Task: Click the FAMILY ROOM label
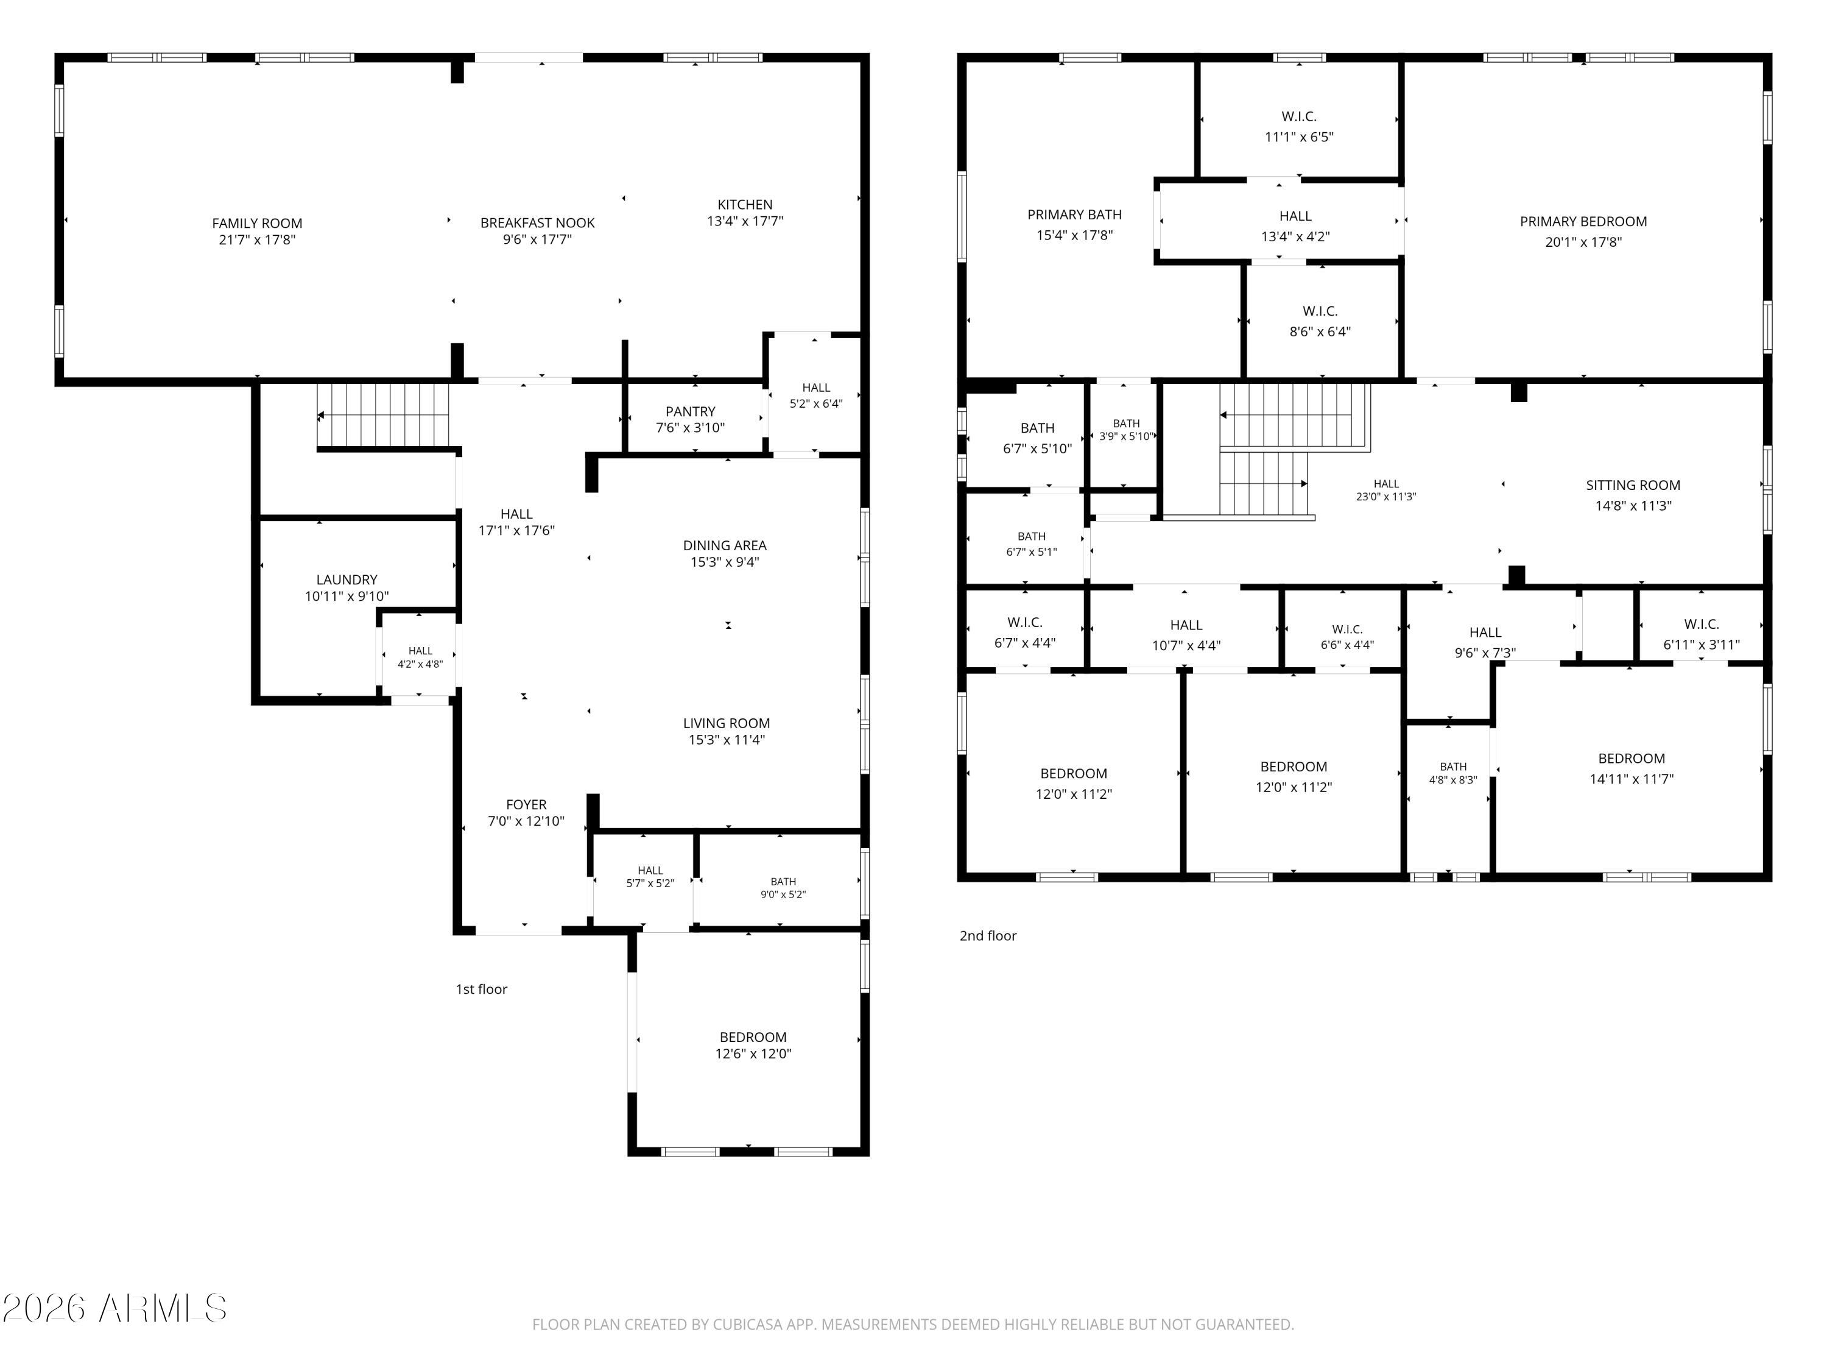coord(257,223)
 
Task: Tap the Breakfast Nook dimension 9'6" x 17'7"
coord(537,239)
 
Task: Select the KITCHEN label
coord(745,204)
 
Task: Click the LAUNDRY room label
coord(347,580)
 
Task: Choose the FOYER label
coord(526,805)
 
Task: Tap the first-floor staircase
coord(383,416)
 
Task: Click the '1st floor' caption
coord(482,989)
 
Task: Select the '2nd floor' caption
coord(988,935)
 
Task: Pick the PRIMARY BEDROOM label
coord(1583,221)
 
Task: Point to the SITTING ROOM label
coord(1633,485)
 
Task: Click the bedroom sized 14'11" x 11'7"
coord(1632,768)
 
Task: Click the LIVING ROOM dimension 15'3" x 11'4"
coord(727,740)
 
